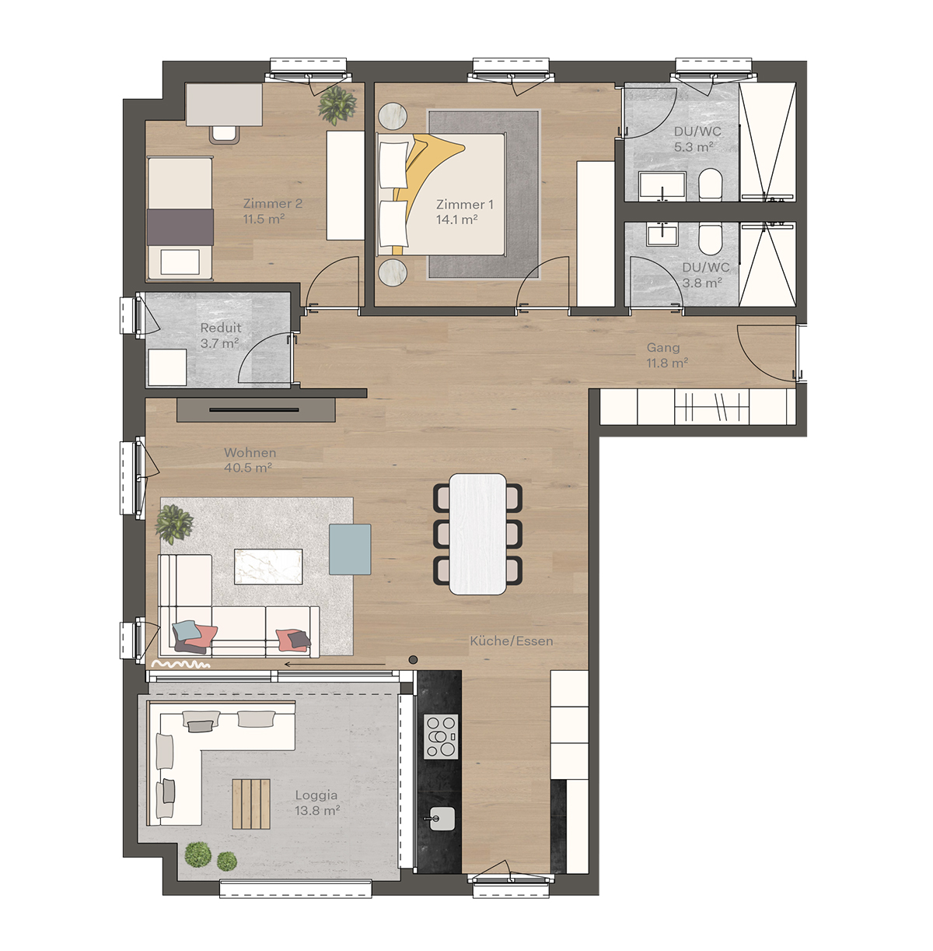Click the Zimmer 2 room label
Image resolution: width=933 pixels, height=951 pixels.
click(272, 204)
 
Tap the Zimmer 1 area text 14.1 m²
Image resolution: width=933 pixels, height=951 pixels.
click(456, 220)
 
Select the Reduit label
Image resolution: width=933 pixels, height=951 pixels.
click(221, 328)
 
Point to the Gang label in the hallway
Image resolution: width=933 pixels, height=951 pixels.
click(663, 348)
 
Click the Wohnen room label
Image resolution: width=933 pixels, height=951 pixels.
click(250, 452)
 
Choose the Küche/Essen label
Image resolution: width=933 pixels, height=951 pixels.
click(512, 641)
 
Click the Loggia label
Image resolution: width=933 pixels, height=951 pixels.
click(316, 795)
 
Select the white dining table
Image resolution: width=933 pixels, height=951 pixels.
click(478, 534)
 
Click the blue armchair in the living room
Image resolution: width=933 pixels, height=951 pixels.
click(350, 549)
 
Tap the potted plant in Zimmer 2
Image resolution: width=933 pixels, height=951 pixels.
click(337, 104)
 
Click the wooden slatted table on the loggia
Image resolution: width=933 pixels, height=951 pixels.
click(251, 804)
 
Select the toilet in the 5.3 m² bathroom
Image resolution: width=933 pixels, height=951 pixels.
click(710, 186)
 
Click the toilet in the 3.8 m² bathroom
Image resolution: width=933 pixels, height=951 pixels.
click(710, 237)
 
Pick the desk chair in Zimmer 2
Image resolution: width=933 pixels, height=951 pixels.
click(225, 133)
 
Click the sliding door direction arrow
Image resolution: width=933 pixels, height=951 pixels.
click(334, 665)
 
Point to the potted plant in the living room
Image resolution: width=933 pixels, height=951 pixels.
click(174, 523)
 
